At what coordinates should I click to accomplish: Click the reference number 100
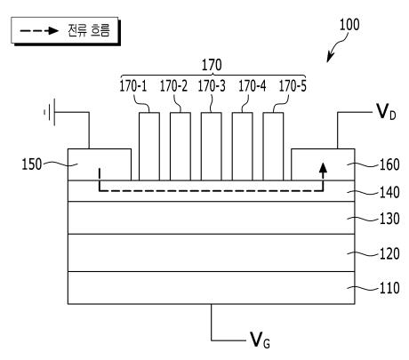click(x=349, y=25)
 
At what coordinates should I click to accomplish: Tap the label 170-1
click(x=133, y=86)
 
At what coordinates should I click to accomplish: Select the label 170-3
click(x=212, y=86)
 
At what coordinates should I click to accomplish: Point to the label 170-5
click(x=293, y=86)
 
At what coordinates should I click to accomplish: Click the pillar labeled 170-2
click(x=180, y=147)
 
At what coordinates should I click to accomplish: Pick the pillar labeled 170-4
click(x=243, y=147)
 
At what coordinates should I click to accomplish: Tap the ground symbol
click(x=50, y=112)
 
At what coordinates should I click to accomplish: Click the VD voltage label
click(x=386, y=113)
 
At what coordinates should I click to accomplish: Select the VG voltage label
click(x=260, y=340)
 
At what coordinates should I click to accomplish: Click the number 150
click(x=32, y=164)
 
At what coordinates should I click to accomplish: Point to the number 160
click(x=389, y=164)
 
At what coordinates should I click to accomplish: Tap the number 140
click(x=389, y=193)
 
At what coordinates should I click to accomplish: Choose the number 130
click(x=389, y=219)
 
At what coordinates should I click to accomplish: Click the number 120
click(x=389, y=253)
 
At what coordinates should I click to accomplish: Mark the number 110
click(x=389, y=288)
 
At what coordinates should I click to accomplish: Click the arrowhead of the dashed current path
click(x=323, y=168)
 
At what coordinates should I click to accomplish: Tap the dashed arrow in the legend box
click(x=39, y=30)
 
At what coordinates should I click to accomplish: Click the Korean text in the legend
click(x=89, y=30)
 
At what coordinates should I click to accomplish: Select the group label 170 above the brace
click(x=212, y=65)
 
